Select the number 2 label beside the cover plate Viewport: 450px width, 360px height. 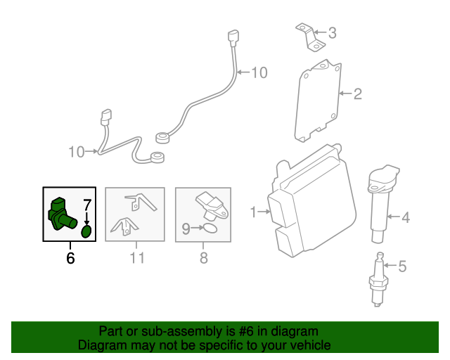[x=357, y=93]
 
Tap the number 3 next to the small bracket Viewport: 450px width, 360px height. [x=332, y=32]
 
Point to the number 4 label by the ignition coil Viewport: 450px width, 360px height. [x=405, y=218]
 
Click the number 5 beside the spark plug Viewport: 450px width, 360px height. [x=402, y=266]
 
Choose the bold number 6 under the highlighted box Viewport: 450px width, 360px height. [x=70, y=258]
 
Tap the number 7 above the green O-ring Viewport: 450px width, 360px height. [x=87, y=206]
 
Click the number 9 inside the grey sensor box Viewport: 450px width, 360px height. [x=186, y=228]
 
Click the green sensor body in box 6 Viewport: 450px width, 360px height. [x=60, y=214]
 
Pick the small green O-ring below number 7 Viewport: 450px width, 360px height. [x=86, y=231]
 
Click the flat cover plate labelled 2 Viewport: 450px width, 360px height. [x=318, y=98]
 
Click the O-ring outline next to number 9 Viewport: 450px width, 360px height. [x=208, y=228]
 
